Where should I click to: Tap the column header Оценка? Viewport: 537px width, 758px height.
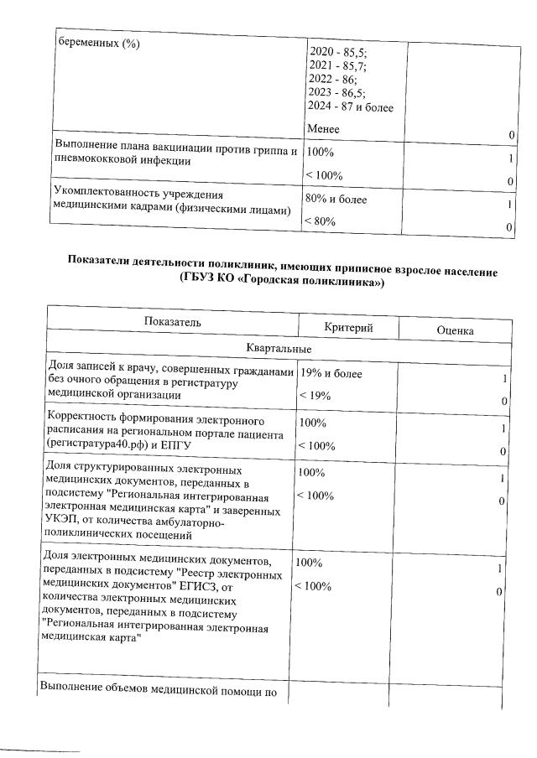click(456, 331)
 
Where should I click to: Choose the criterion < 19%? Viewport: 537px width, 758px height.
click(314, 395)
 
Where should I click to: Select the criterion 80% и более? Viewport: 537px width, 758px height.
click(336, 200)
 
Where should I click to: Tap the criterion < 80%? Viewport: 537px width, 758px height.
click(320, 221)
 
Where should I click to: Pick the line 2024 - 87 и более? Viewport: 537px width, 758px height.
click(351, 107)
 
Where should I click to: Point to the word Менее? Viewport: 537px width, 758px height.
click(324, 129)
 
